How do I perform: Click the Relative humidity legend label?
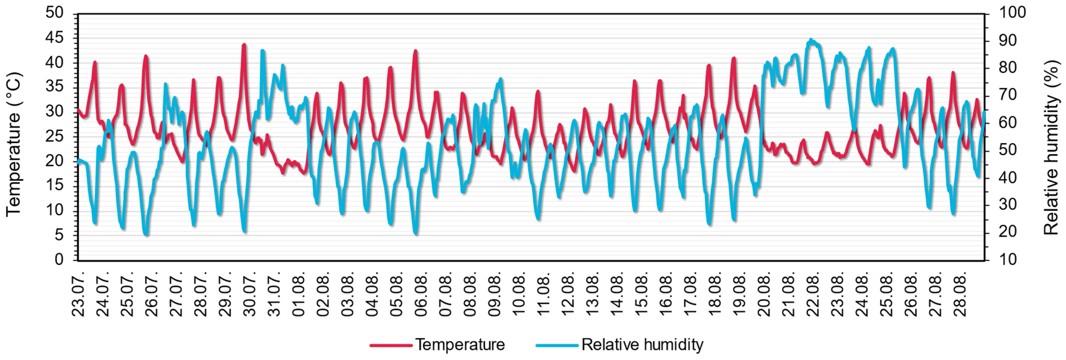642,345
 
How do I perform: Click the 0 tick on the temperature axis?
59,260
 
